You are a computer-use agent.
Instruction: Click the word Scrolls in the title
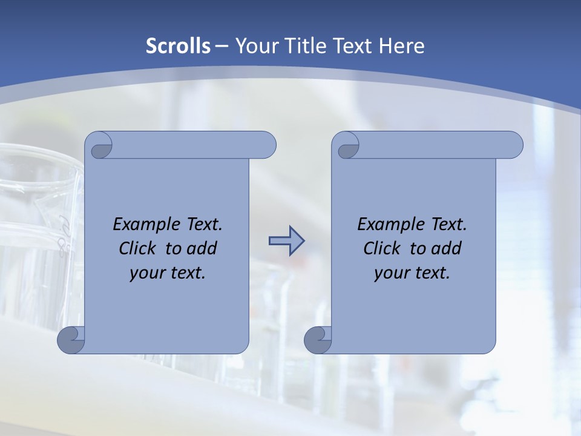(x=178, y=46)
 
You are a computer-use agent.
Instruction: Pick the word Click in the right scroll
(x=382, y=248)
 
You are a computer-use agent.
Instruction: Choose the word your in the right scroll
(x=390, y=273)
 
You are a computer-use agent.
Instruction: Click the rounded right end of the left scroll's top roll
(x=266, y=145)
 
